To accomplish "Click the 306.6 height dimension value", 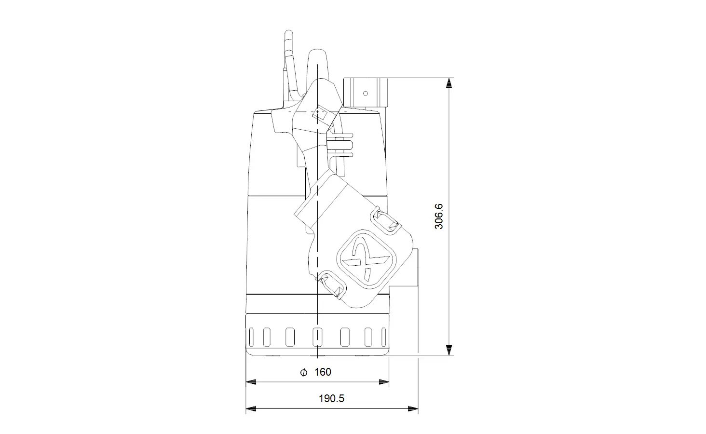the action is [439, 216].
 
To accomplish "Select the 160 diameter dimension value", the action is [323, 372].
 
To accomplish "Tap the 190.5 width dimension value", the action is [331, 398].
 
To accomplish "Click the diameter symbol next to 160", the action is [303, 373].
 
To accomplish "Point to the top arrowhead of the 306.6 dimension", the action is [449, 83].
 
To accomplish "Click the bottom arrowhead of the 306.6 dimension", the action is [449, 350].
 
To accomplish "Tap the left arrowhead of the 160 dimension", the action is [251, 382].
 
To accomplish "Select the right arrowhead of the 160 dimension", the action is [383, 382].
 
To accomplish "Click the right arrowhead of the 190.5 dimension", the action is [413, 409].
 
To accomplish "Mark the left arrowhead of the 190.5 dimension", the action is [251, 409].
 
